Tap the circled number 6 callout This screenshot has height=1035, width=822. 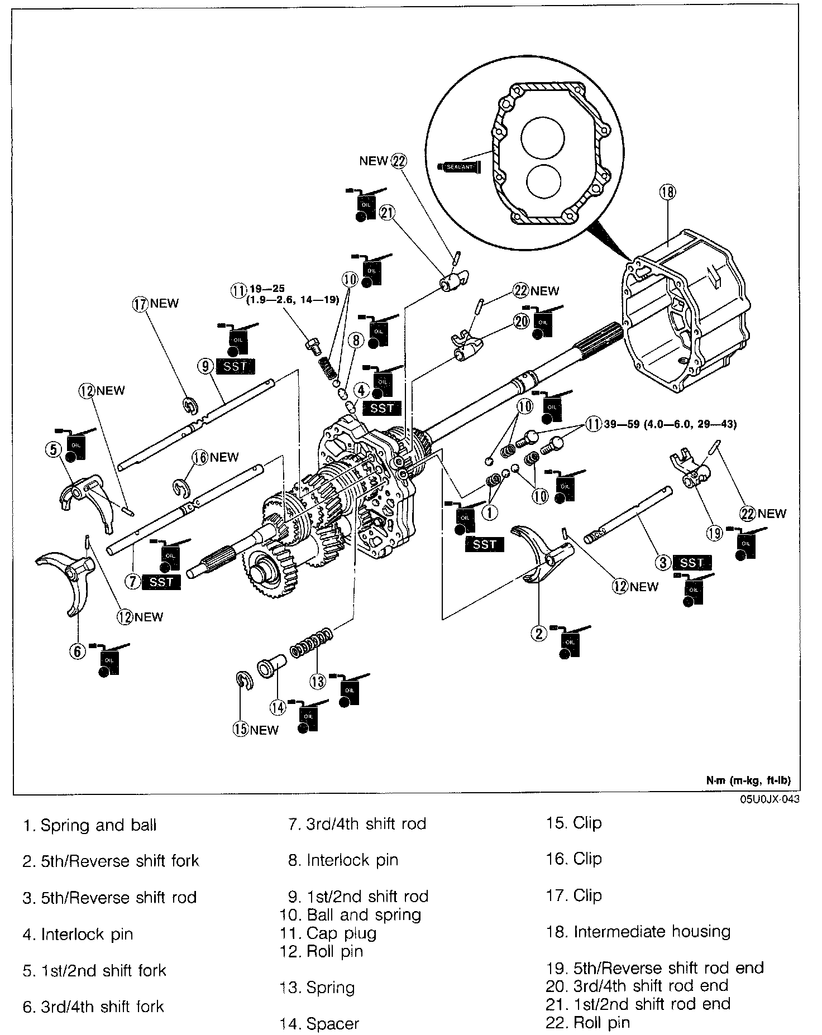pos(77,651)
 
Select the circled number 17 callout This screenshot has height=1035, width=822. pos(139,304)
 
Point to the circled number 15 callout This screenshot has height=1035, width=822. pos(241,730)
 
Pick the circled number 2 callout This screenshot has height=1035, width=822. pos(539,633)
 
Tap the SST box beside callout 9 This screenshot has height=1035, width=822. pos(235,367)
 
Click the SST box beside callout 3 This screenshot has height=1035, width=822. pos(692,563)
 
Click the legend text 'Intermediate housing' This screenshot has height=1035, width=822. pos(652,932)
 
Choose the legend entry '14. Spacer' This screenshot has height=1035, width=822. pos(319,1023)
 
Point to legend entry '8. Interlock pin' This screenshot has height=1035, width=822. pos(343,860)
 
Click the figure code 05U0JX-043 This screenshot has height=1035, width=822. pos(769,799)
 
